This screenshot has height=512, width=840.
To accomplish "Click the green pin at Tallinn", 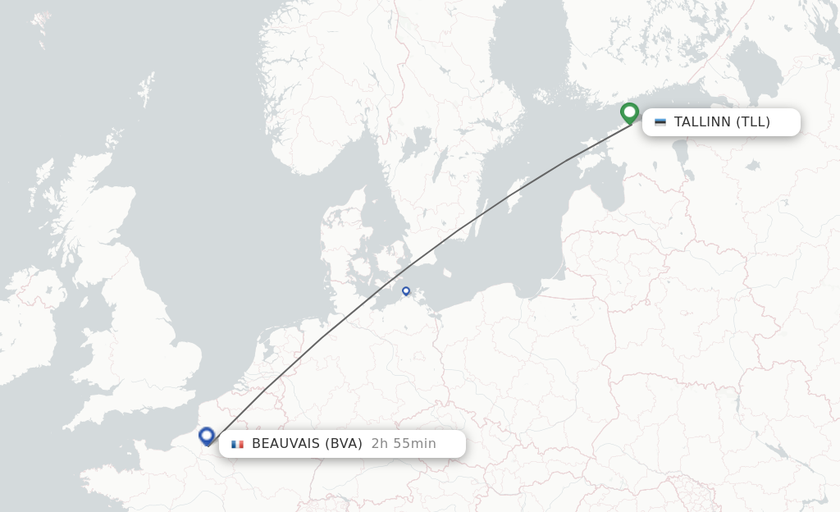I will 630,112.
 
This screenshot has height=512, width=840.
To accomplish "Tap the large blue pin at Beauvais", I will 207,436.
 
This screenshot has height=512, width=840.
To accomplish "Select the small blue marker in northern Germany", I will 406,290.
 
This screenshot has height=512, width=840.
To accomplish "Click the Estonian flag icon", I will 660,122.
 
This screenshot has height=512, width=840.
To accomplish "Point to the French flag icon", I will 238,444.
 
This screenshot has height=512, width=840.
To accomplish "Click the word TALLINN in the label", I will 702,122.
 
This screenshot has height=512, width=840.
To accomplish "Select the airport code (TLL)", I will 753,122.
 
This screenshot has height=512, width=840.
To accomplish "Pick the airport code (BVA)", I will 344,444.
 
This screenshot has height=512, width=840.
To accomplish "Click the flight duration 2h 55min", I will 404,444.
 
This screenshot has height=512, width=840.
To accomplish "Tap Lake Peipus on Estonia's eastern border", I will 680,152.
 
